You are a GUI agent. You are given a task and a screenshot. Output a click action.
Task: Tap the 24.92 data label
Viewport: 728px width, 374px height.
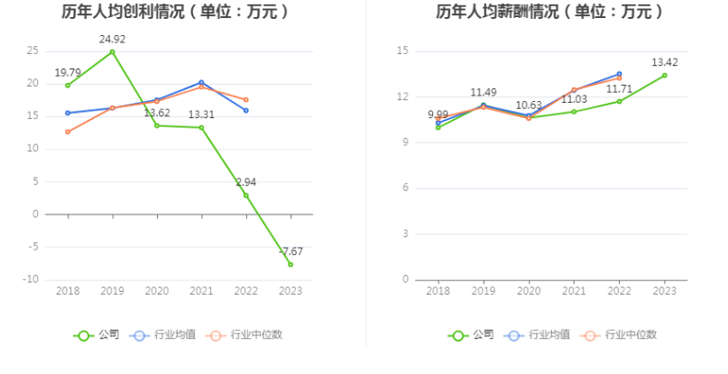click(x=112, y=40)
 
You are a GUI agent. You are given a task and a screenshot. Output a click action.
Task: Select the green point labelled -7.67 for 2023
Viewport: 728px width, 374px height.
click(x=290, y=264)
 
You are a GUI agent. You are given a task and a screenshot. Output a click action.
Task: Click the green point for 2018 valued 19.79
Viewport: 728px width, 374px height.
click(x=68, y=86)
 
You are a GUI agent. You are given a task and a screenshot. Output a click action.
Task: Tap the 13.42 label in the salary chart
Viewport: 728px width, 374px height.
click(x=665, y=62)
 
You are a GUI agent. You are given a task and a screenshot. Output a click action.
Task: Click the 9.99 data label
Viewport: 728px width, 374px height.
click(x=438, y=115)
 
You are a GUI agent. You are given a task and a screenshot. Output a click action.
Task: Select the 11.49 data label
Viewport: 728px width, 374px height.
click(x=484, y=93)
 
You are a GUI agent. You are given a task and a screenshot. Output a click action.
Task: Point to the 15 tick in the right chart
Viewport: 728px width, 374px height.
click(x=402, y=51)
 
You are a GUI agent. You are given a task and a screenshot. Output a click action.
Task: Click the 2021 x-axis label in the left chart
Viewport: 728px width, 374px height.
click(x=201, y=291)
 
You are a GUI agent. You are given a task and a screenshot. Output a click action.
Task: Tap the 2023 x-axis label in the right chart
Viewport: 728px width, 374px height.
click(x=665, y=291)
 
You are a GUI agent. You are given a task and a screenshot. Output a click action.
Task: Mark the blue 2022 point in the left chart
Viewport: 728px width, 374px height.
click(x=245, y=111)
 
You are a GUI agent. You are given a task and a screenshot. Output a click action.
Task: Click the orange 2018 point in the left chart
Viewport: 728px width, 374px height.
click(x=68, y=132)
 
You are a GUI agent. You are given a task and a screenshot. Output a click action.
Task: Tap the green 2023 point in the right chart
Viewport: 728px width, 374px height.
click(x=665, y=75)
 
